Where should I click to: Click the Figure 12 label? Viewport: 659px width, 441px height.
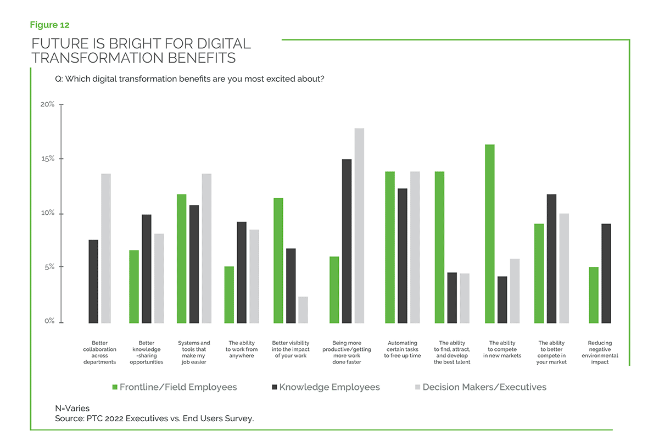click(49, 25)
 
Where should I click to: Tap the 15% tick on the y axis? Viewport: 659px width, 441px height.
click(60, 159)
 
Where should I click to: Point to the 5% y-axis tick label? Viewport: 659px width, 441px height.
click(49, 267)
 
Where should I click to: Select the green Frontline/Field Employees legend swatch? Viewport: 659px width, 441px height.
click(115, 387)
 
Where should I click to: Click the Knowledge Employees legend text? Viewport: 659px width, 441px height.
click(329, 387)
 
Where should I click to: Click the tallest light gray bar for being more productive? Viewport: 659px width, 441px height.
click(359, 225)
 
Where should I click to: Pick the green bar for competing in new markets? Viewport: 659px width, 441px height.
click(490, 233)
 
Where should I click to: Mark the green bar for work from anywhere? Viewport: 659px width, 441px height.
click(229, 294)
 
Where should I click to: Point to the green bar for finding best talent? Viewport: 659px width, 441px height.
click(440, 247)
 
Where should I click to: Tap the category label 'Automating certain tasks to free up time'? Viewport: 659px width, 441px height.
click(402, 349)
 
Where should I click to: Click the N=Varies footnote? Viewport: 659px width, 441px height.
click(72, 408)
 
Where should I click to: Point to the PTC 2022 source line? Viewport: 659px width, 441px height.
click(154, 418)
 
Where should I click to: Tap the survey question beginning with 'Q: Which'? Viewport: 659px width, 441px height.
click(189, 79)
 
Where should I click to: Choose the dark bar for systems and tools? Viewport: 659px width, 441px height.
click(194, 264)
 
